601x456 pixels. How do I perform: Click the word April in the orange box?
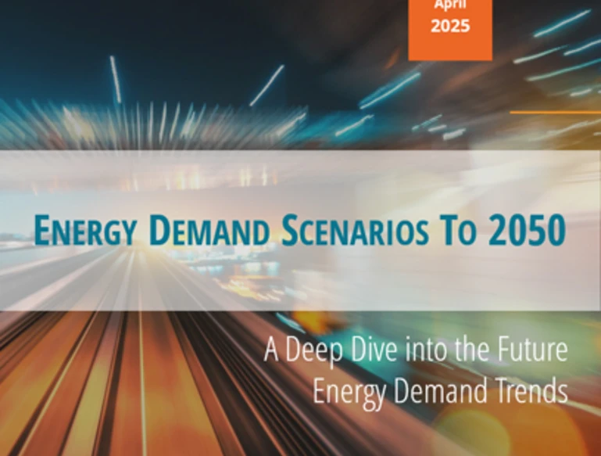coord(450,5)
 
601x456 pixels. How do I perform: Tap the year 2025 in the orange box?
coord(450,27)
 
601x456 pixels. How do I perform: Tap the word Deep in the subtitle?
coord(317,350)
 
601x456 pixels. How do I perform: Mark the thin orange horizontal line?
coord(555,112)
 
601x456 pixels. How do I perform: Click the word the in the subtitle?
coord(476,350)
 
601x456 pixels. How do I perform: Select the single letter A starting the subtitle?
coord(272,350)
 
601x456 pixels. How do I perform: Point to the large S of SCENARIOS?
coord(289,229)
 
